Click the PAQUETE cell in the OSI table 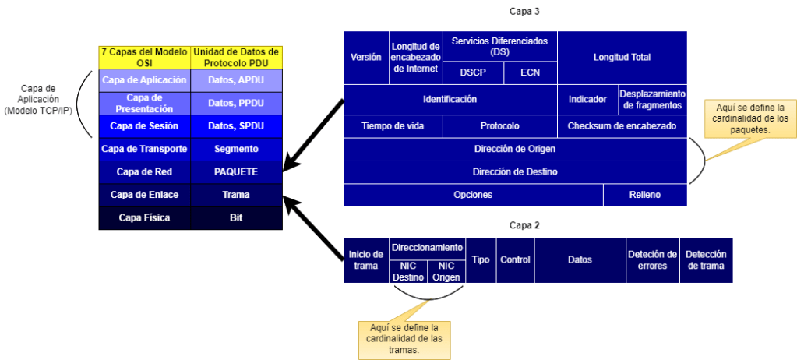(x=236, y=171)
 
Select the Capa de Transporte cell (x=144, y=148)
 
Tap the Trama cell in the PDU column (x=236, y=195)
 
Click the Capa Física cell (x=144, y=217)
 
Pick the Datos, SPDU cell (x=236, y=125)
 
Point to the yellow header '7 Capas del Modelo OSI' (x=144, y=56)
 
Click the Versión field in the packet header (x=366, y=58)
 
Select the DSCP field (x=471, y=72)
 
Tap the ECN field (x=529, y=72)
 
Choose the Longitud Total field (x=622, y=58)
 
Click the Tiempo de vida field (x=393, y=125)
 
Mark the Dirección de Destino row (x=515, y=171)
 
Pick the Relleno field (x=644, y=195)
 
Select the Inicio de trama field (x=366, y=259)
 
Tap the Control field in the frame (x=514, y=259)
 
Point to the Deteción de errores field (x=651, y=259)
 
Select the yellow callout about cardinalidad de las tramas (x=404, y=339)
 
